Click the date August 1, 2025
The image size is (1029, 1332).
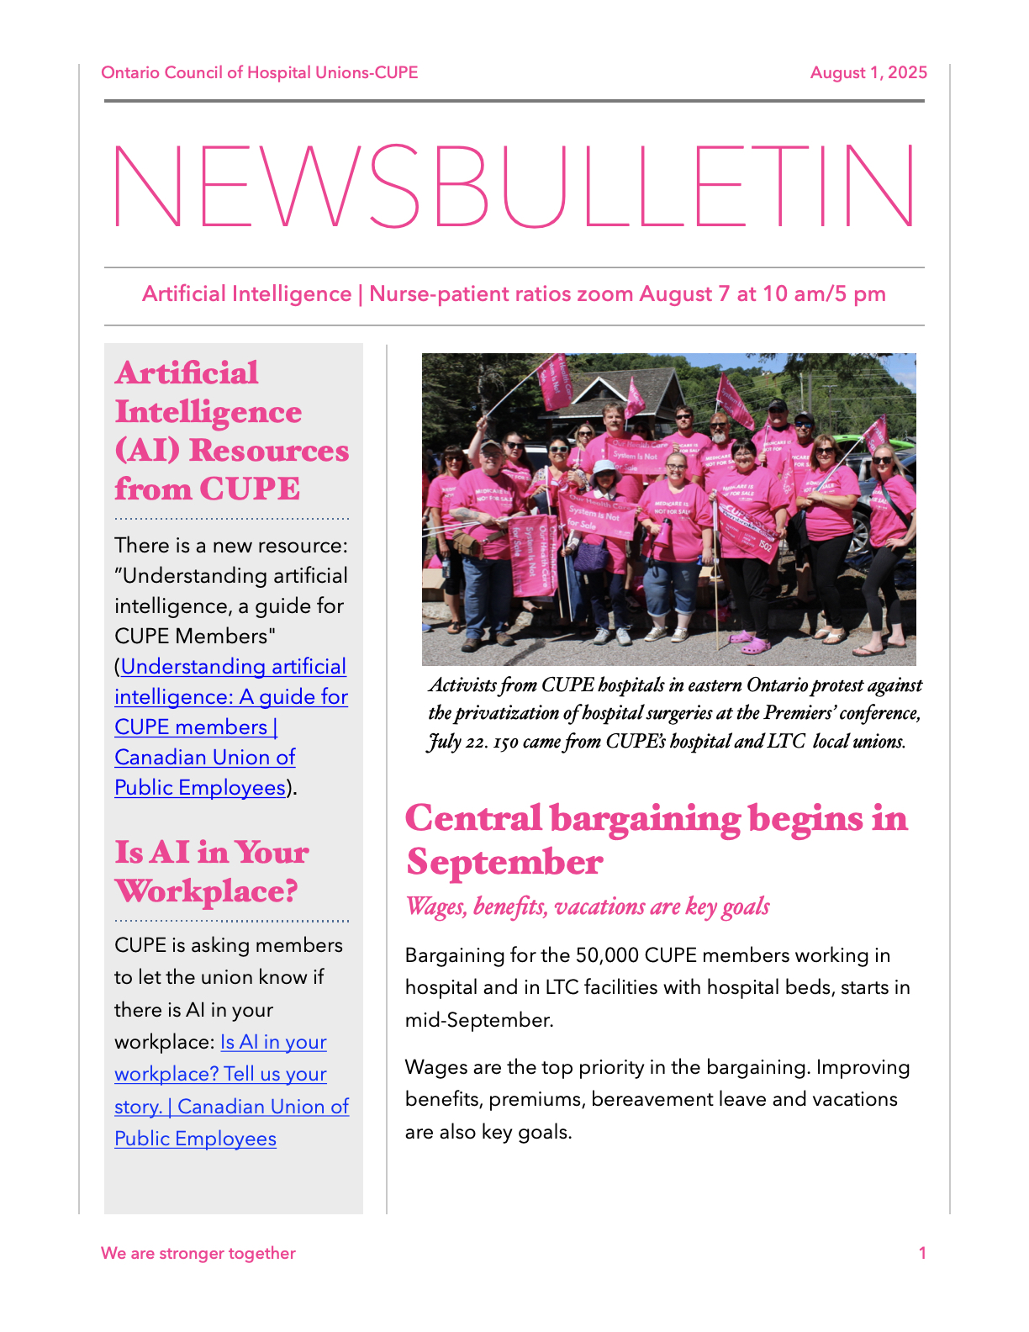[x=868, y=73]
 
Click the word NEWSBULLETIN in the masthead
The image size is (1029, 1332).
[x=514, y=187]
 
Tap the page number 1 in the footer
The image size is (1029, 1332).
[x=922, y=1253]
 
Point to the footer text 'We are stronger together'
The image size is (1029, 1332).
[x=198, y=1253]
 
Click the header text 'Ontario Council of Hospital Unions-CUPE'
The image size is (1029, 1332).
[x=259, y=73]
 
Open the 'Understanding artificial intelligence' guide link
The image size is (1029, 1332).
[x=231, y=697]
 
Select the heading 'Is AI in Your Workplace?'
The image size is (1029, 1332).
[x=211, y=871]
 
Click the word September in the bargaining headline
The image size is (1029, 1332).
[x=504, y=862]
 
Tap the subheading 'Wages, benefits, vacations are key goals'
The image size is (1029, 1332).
[x=587, y=906]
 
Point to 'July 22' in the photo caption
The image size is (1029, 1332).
[x=457, y=742]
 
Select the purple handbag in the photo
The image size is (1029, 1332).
[x=591, y=557]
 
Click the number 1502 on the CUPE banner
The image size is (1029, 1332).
[x=764, y=545]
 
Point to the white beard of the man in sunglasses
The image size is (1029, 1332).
[x=720, y=436]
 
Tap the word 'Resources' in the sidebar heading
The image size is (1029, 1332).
[x=269, y=451]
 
